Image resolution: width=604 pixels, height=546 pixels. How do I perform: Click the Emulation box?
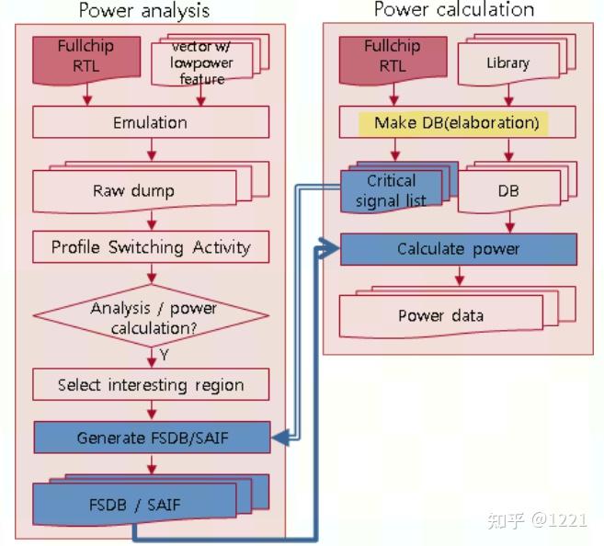tap(150, 123)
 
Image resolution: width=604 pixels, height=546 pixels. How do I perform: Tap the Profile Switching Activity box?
tap(150, 247)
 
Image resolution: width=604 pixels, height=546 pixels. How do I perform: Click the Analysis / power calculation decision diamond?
tap(151, 316)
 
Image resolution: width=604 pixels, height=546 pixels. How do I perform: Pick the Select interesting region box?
tap(150, 385)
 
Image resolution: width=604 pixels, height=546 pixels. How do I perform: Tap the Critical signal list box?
tap(390, 190)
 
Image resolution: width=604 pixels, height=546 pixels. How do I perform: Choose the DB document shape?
tap(507, 191)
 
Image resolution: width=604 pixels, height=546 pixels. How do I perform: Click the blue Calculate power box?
tap(458, 249)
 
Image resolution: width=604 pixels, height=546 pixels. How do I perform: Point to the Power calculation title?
tap(453, 10)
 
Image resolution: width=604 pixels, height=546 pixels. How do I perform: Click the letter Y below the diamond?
tap(164, 355)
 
